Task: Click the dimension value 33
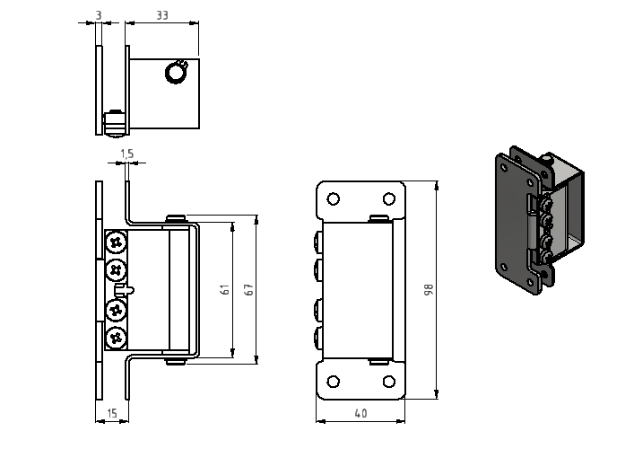click(161, 15)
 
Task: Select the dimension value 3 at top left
click(99, 15)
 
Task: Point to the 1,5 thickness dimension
click(127, 154)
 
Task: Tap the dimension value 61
click(226, 289)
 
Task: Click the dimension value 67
click(249, 289)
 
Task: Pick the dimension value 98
click(429, 289)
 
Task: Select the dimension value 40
click(360, 413)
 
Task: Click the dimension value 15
click(111, 413)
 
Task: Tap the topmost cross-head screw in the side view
click(117, 243)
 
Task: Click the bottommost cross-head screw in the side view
click(117, 338)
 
